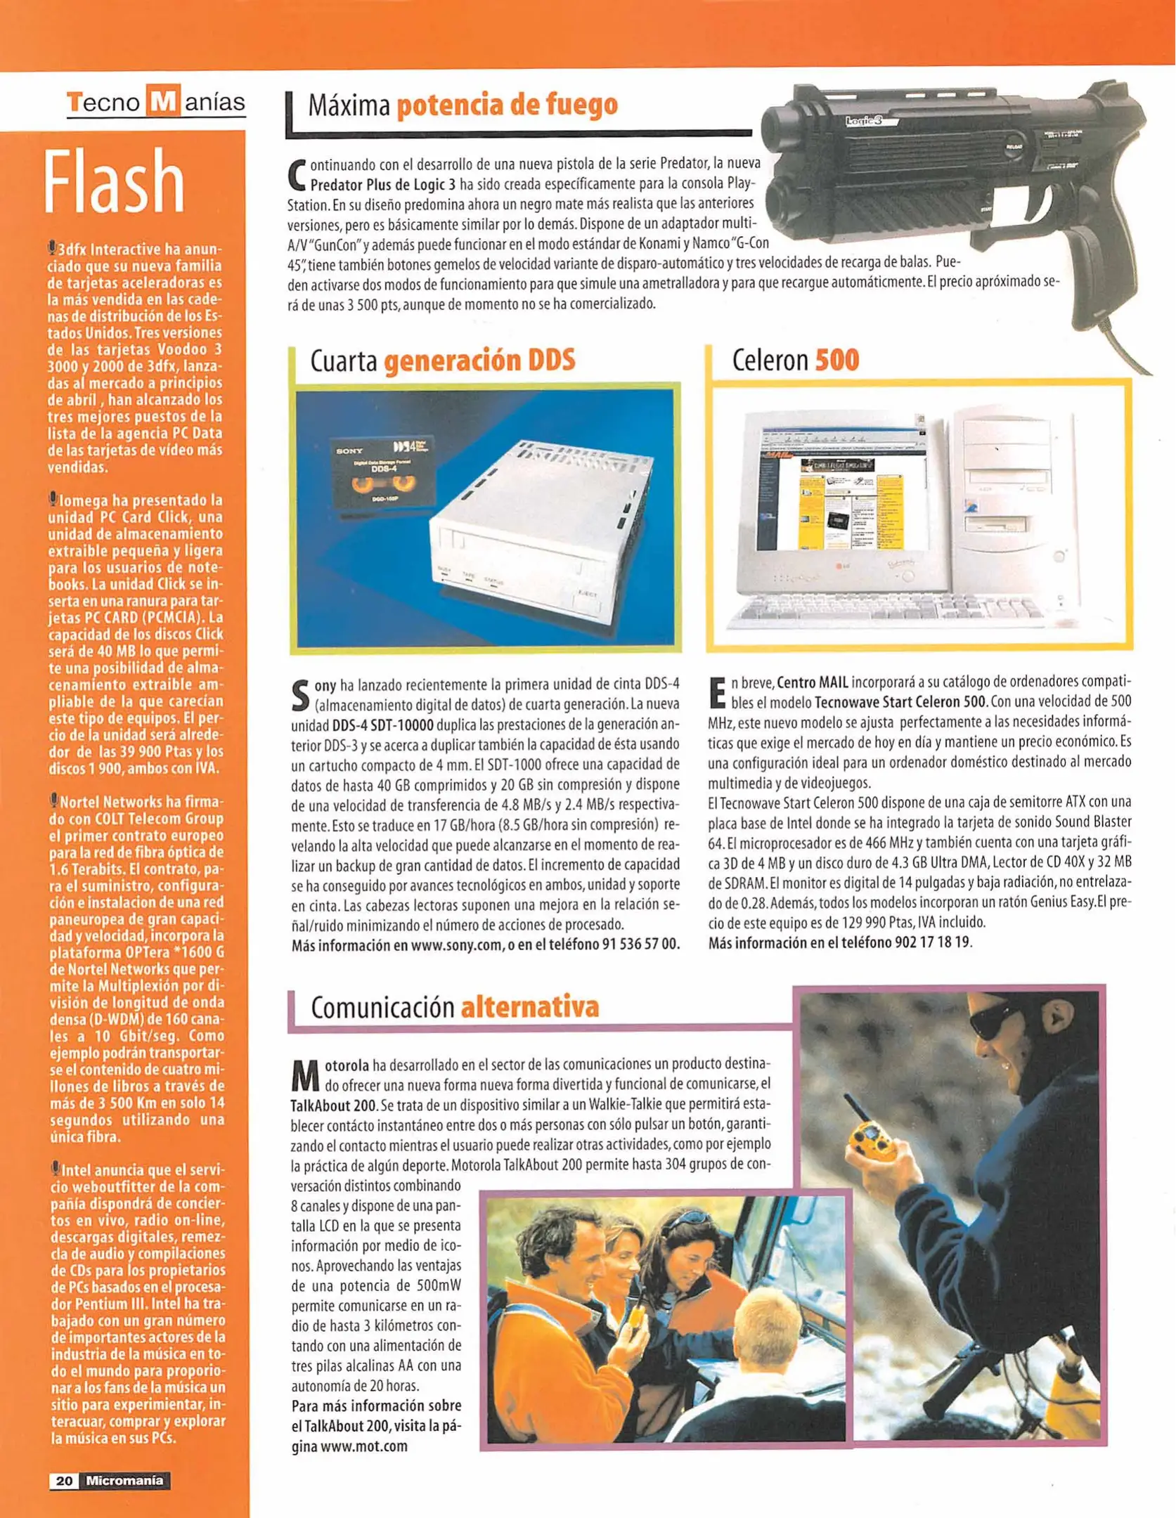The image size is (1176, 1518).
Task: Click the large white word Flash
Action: (115, 182)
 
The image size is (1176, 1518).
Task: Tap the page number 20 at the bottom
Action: (64, 1481)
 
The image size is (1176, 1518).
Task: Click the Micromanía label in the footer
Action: (124, 1481)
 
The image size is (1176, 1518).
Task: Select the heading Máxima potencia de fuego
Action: (463, 105)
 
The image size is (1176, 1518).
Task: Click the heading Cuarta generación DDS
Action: (442, 361)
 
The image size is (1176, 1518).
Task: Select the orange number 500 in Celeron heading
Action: (836, 361)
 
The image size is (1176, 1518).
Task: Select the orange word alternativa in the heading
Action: (529, 1007)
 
